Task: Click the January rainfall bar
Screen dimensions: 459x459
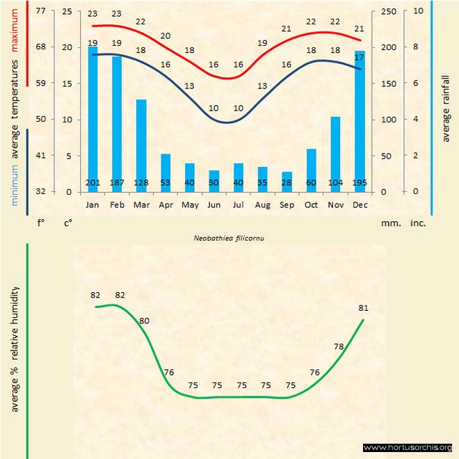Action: tap(92, 118)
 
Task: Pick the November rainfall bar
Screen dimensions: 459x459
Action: tap(335, 154)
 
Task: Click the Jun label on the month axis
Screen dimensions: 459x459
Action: tap(214, 205)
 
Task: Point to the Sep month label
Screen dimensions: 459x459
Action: tap(287, 205)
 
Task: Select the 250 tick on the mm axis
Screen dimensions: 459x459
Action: tap(389, 11)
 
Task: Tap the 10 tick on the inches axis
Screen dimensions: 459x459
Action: tap(418, 11)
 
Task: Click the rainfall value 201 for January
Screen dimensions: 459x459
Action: tap(92, 183)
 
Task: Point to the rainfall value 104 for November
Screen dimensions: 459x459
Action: tap(335, 183)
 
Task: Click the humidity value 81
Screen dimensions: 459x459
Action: tap(364, 308)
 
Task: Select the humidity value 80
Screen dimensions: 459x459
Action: tap(145, 321)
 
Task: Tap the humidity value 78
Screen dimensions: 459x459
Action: tap(339, 346)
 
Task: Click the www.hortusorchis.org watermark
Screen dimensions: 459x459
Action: tap(408, 447)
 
